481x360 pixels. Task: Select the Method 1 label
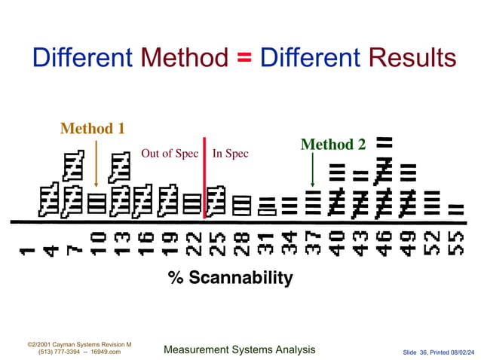pyautogui.click(x=92, y=128)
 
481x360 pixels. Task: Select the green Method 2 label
pyautogui.click(x=332, y=144)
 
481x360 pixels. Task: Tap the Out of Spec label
pyautogui.click(x=170, y=154)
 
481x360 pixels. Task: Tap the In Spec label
pyautogui.click(x=230, y=154)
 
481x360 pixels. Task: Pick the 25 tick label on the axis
pyautogui.click(x=216, y=242)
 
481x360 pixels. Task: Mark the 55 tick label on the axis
pyautogui.click(x=455, y=242)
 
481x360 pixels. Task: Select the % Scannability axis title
pyautogui.click(x=230, y=277)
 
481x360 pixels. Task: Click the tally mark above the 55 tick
pyautogui.click(x=455, y=208)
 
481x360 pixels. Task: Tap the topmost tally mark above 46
pyautogui.click(x=384, y=141)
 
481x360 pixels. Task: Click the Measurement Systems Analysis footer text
pyautogui.click(x=239, y=349)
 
